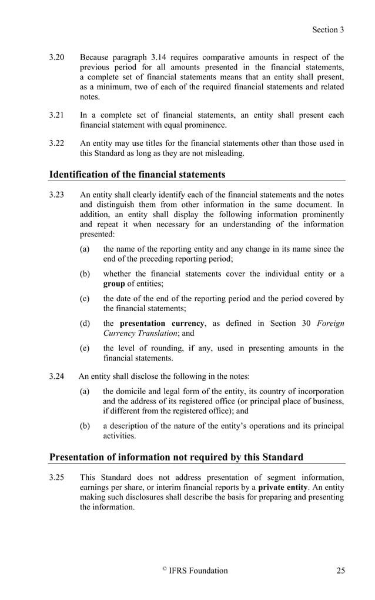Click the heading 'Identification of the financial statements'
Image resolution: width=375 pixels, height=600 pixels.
pos(137,174)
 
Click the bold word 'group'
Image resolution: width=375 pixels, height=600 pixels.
pos(114,284)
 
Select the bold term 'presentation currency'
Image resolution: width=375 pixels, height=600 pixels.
pos(162,324)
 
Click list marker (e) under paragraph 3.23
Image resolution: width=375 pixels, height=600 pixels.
pos(85,348)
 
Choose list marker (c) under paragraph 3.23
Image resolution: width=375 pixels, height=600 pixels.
pos(85,299)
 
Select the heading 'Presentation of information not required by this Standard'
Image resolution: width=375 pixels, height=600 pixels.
pos(176,457)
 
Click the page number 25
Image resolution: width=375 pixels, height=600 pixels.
pos(340,571)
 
